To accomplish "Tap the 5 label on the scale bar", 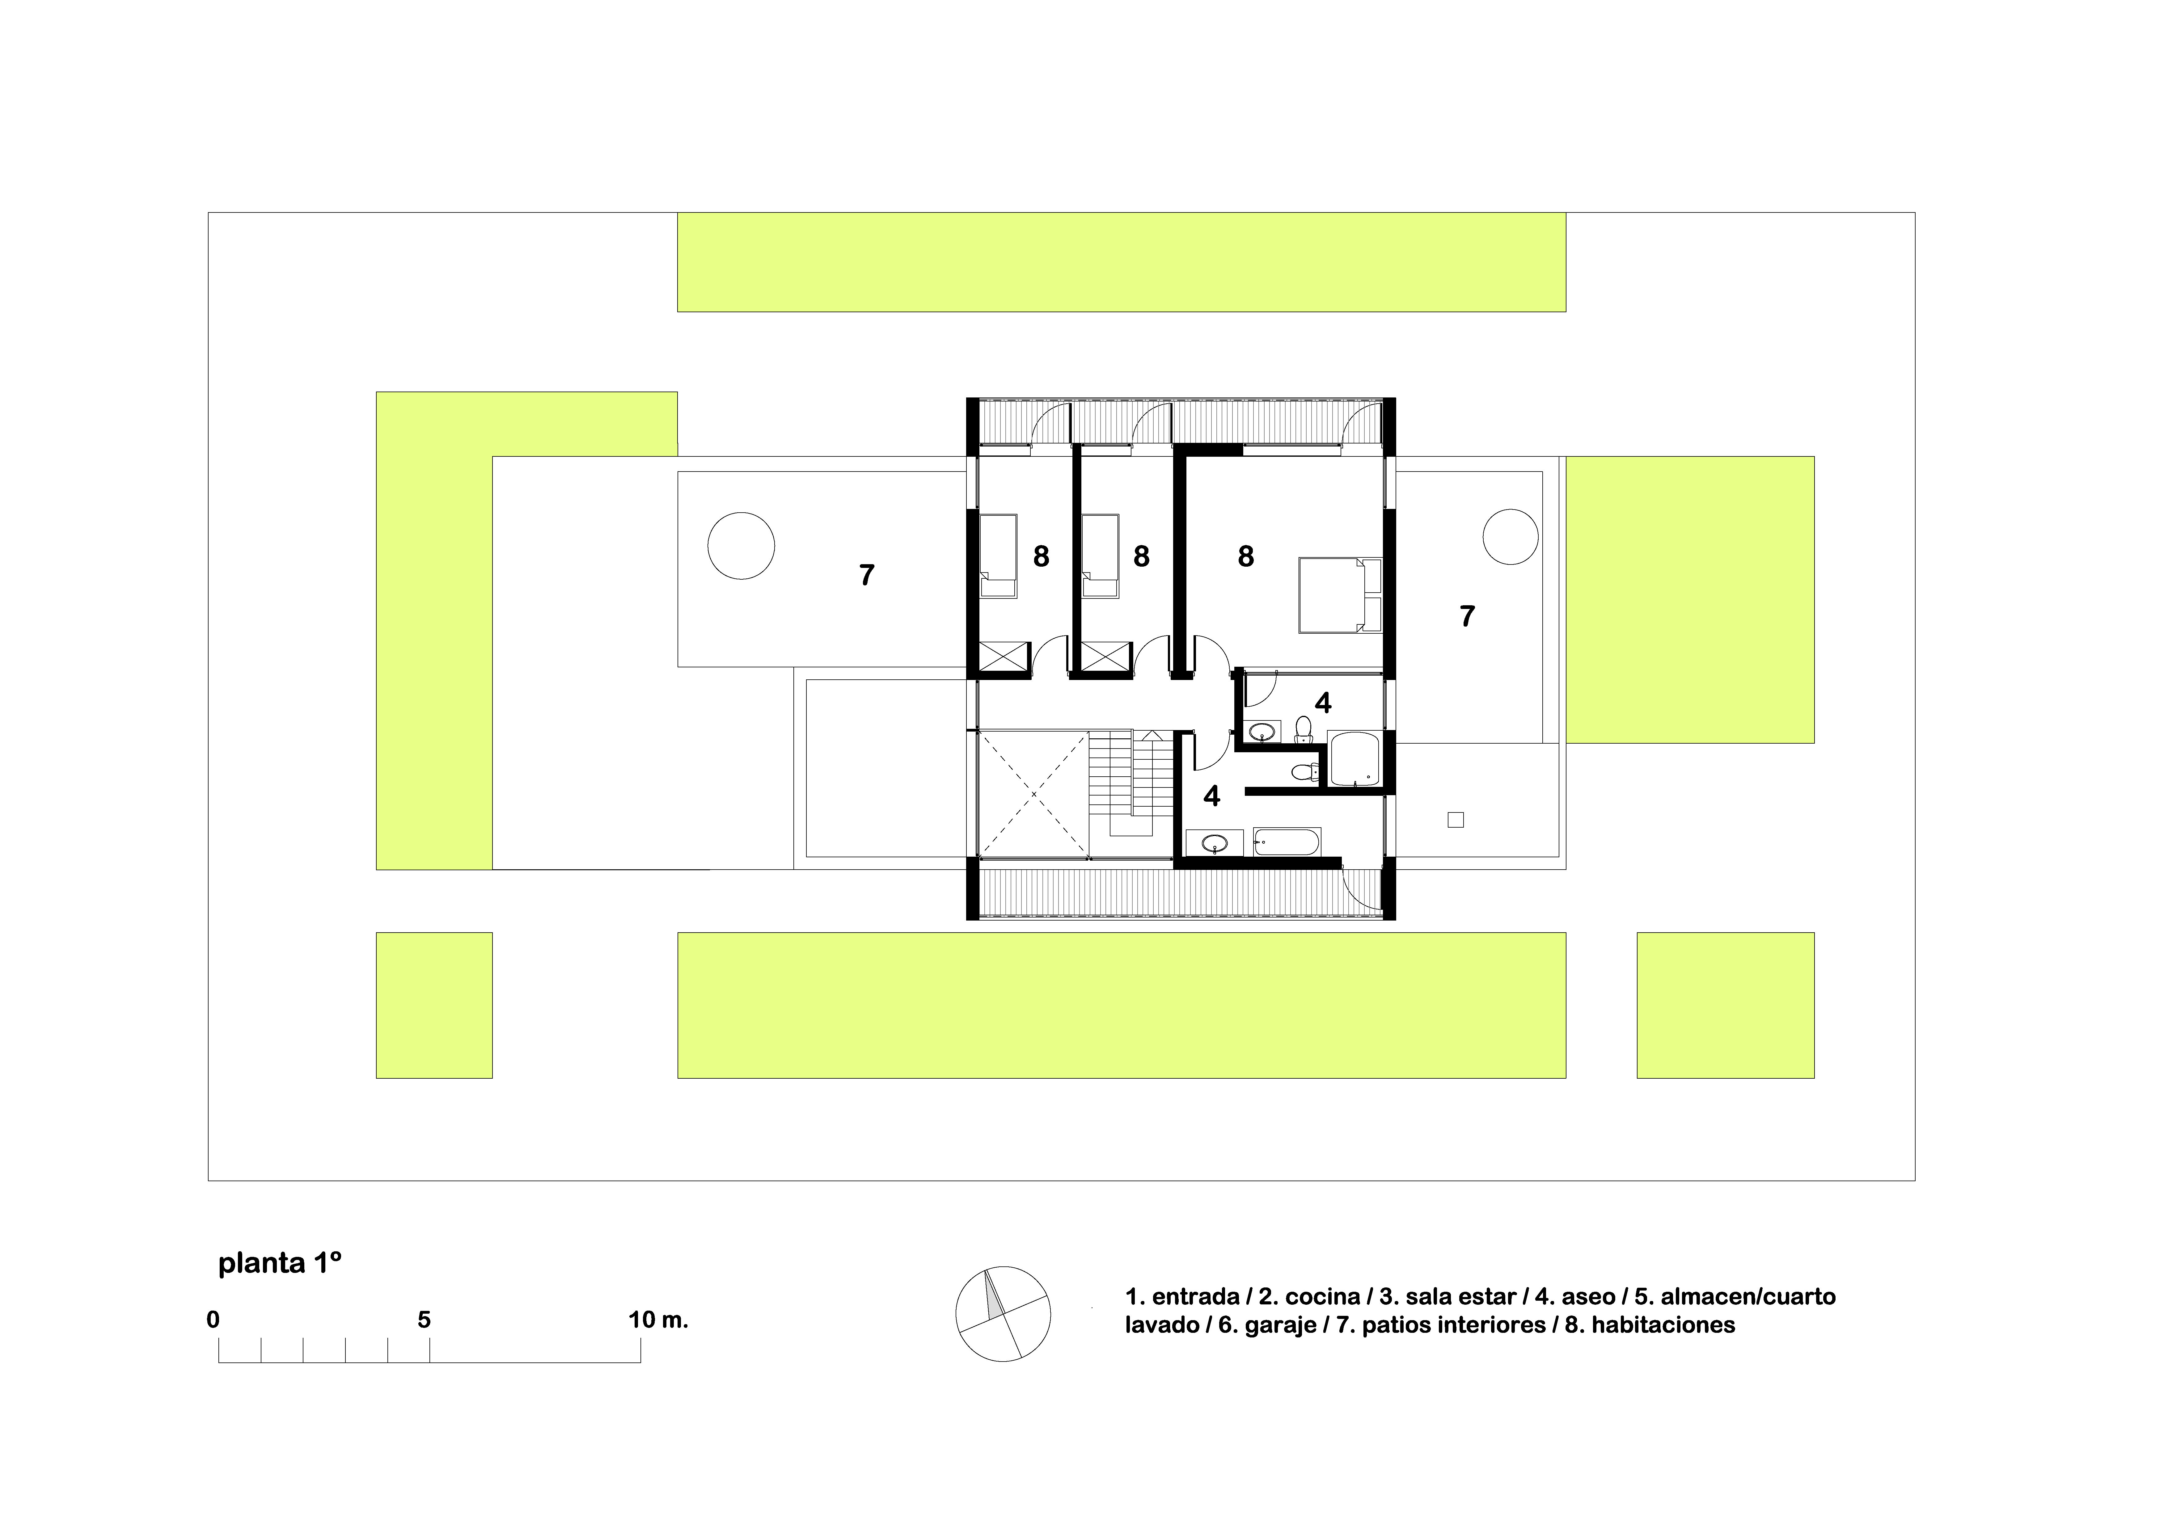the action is coord(424,1320).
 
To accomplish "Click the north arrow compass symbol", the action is coord(1003,1314).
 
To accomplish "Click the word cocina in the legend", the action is coord(1323,1297).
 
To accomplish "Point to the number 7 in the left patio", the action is coord(867,575).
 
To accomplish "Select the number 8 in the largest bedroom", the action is coord(1246,556).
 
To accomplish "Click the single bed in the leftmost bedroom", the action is coord(998,556).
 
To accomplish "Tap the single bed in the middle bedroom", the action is coord(1100,556).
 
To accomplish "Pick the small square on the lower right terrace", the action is coord(1455,819).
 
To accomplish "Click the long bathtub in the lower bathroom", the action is coord(1287,841).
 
